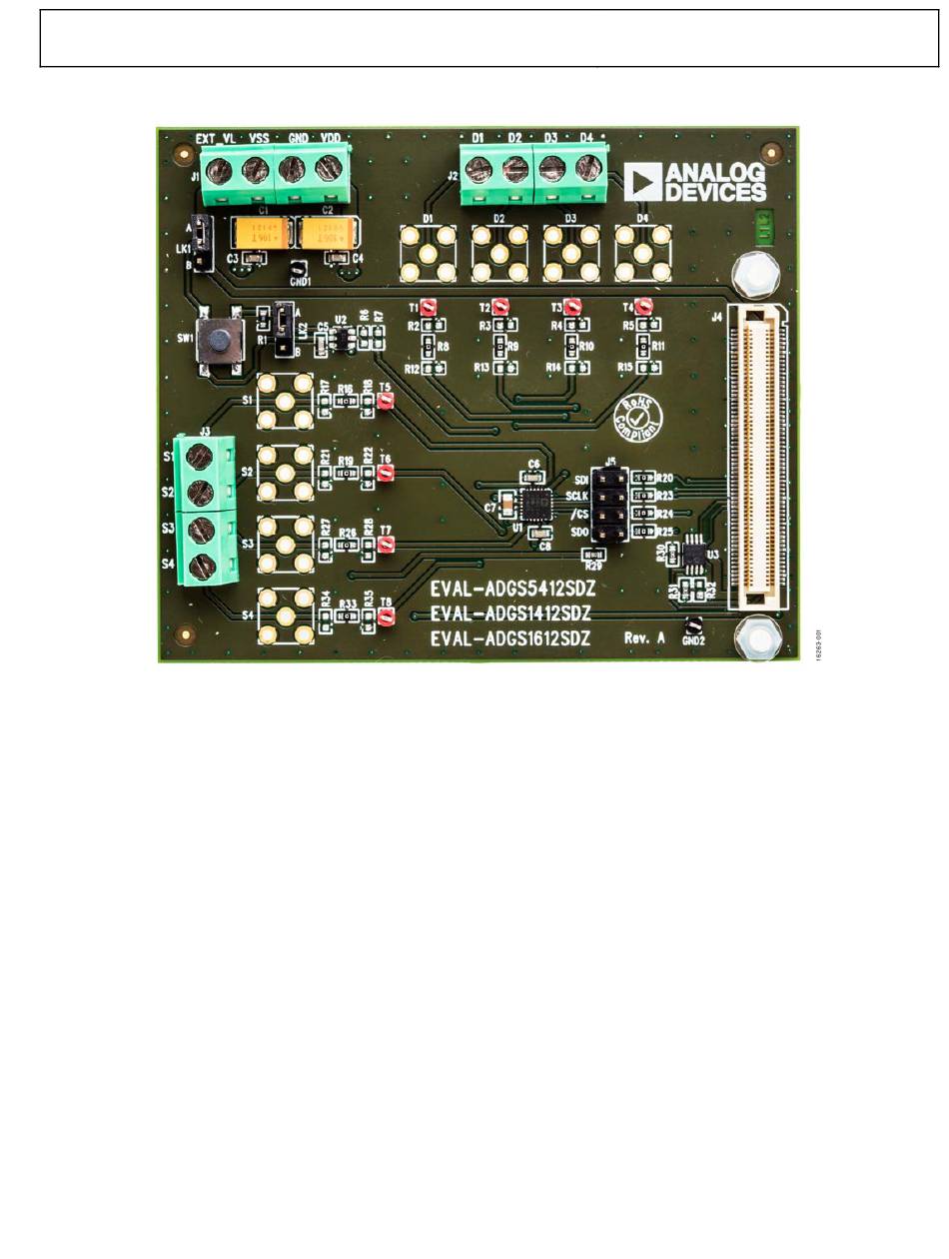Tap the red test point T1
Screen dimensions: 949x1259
[x=428, y=306]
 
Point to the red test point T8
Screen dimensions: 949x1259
[x=386, y=617]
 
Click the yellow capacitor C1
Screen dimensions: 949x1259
[x=263, y=234]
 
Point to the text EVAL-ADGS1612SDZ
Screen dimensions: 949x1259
[x=511, y=636]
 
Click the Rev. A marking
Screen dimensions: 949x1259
[x=645, y=636]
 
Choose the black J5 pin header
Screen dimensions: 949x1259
[x=609, y=505]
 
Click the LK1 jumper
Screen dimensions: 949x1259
[x=201, y=242]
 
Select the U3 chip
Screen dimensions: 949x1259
[x=693, y=552]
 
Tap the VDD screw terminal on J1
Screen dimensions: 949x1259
[x=328, y=169]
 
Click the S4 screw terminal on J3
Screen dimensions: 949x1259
[x=200, y=563]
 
